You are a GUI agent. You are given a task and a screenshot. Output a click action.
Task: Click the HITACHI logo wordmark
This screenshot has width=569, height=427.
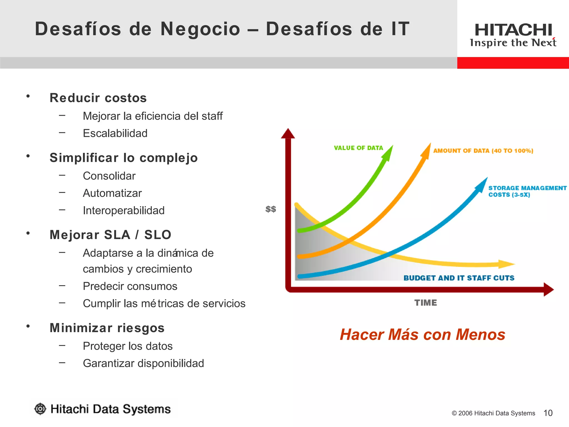point(513,30)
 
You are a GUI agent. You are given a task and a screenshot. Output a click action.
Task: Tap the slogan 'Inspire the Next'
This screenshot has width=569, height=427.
point(513,43)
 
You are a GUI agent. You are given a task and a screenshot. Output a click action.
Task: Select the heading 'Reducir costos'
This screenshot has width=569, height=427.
point(98,98)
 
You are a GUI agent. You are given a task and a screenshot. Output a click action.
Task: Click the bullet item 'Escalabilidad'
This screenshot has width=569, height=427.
point(115,133)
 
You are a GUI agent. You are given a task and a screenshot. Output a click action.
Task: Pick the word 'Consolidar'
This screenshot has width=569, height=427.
point(109,176)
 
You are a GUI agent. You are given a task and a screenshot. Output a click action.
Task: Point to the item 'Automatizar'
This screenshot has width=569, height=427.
point(112,193)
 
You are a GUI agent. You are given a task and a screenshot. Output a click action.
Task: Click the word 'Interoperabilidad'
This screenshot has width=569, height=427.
point(124,210)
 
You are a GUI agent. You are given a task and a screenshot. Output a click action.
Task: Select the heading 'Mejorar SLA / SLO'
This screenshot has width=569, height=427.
point(110,235)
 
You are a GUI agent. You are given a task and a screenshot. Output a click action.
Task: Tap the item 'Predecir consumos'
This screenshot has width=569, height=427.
point(130,286)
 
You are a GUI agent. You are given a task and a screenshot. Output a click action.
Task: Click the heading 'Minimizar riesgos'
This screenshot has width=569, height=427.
point(107,328)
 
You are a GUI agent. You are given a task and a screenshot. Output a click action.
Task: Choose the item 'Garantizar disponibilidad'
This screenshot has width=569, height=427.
point(143,363)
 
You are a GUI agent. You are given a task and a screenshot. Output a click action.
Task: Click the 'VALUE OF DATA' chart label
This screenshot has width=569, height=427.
point(358,148)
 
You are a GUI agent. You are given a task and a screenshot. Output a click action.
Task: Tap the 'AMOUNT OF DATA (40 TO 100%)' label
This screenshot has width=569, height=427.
point(483,151)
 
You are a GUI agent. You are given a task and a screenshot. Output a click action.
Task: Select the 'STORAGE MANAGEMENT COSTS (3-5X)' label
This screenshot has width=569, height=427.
point(527,191)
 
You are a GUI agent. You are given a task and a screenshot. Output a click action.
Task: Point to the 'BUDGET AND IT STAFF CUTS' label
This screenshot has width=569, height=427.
point(459,278)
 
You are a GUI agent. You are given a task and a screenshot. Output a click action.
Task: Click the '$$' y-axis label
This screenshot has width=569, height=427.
point(271,209)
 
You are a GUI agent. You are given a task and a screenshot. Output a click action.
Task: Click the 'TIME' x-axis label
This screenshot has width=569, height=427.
point(425,302)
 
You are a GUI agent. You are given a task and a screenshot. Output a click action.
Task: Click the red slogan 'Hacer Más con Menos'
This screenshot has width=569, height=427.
point(422,334)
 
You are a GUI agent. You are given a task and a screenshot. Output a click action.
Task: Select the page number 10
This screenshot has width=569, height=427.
point(548,413)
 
